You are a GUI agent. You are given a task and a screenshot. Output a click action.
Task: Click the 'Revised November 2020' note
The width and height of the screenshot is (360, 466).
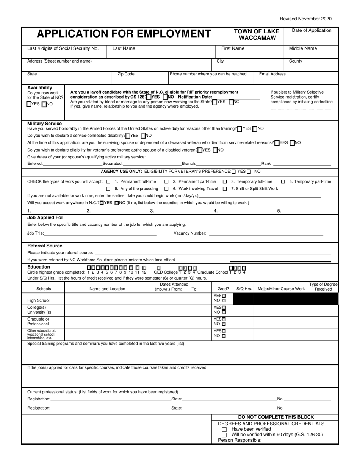[305, 19]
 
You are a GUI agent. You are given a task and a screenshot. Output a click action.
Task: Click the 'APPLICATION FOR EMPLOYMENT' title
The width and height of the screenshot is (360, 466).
[118, 34]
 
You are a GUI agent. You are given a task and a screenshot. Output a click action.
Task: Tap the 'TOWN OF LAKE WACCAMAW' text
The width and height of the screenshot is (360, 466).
[257, 34]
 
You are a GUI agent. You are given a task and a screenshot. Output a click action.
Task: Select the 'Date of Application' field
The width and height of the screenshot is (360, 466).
[311, 36]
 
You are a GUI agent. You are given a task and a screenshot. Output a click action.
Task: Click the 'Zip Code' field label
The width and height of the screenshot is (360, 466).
[126, 74]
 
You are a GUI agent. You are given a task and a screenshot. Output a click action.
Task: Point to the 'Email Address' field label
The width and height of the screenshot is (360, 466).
[272, 74]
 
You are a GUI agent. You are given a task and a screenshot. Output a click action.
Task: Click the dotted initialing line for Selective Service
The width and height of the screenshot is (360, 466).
[302, 109]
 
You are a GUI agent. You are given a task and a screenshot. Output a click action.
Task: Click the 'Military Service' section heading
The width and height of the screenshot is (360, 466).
[44, 123]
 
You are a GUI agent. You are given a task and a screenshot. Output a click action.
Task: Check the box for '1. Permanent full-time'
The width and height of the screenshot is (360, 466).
[109, 181]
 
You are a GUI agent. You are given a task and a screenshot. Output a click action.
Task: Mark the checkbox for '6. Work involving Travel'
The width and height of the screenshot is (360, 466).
[166, 189]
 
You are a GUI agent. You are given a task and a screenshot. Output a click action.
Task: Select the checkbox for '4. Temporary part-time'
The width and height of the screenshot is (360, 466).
[283, 181]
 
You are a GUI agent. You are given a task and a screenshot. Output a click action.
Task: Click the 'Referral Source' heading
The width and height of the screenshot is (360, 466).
[45, 246]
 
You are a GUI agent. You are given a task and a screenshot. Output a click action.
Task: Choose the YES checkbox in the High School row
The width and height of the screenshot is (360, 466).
[224, 296]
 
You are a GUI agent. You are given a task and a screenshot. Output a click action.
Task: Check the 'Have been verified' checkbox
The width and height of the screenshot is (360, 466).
[224, 430]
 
